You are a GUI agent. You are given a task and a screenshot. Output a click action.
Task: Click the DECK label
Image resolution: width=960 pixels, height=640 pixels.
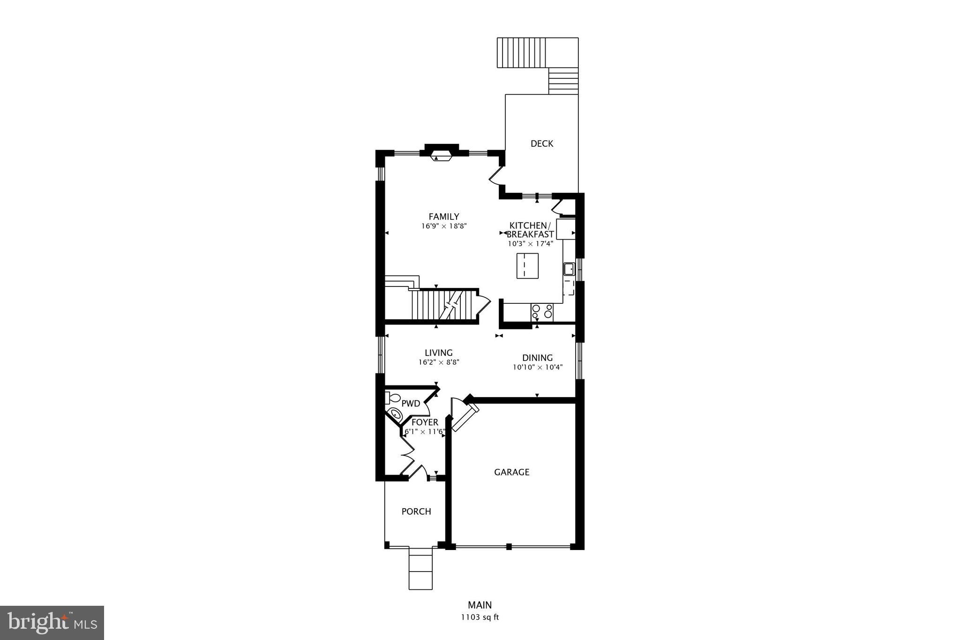pyautogui.click(x=542, y=143)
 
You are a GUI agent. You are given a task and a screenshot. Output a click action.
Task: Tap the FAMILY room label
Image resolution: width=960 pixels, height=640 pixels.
pyautogui.click(x=443, y=217)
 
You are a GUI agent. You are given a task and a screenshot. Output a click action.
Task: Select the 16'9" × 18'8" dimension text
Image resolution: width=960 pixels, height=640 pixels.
pyautogui.click(x=444, y=226)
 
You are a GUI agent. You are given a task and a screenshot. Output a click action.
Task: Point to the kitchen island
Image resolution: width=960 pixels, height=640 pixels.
pyautogui.click(x=527, y=266)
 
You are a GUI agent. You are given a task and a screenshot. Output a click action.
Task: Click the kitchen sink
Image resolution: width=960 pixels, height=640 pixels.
pyautogui.click(x=569, y=269)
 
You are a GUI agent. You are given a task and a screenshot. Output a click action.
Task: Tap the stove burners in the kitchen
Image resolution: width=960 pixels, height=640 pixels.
pyautogui.click(x=542, y=311)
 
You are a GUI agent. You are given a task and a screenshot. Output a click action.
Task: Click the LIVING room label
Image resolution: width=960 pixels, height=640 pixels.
pyautogui.click(x=438, y=353)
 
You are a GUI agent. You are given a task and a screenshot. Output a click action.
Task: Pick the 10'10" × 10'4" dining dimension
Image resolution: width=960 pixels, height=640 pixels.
pyautogui.click(x=537, y=367)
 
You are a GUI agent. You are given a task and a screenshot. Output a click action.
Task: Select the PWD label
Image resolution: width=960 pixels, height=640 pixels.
pyautogui.click(x=411, y=403)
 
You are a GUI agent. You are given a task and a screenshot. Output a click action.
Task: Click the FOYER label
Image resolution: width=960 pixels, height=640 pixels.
pyautogui.click(x=425, y=422)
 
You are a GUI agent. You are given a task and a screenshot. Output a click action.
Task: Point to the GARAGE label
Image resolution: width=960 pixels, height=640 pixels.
pyautogui.click(x=511, y=472)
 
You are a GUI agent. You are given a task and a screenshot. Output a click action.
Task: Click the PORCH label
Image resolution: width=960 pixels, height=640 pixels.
pyautogui.click(x=416, y=512)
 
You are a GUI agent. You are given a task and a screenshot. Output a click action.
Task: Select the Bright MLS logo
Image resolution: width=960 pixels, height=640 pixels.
pyautogui.click(x=52, y=623)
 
